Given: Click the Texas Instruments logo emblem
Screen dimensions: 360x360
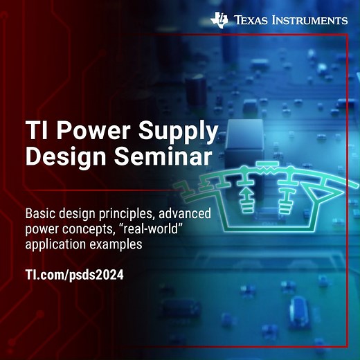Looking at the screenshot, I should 220,20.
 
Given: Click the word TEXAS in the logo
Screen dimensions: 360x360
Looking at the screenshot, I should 254,21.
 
